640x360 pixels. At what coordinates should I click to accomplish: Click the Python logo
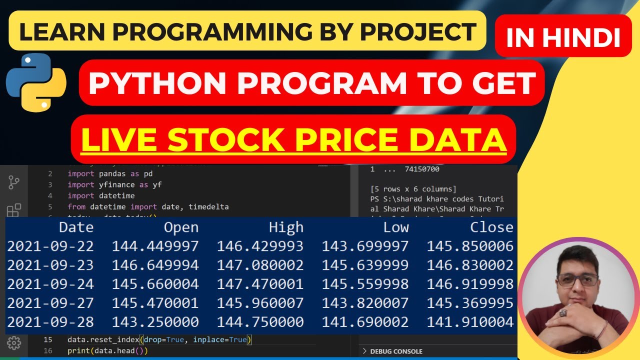point(36,82)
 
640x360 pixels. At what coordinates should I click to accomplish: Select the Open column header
point(181,227)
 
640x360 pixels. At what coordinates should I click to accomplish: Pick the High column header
point(286,227)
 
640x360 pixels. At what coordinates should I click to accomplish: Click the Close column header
point(491,227)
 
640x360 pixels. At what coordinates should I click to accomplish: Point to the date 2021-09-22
point(50,246)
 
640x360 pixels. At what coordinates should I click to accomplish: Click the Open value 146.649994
point(155,265)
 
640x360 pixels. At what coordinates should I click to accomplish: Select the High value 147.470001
point(260,284)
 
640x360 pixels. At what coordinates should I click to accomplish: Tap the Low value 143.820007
point(365,303)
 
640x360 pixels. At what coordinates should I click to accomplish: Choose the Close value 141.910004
point(470,322)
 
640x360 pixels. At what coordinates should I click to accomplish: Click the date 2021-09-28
point(50,322)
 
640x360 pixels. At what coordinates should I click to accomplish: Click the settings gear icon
point(14,343)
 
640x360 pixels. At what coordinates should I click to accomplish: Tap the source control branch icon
point(14,183)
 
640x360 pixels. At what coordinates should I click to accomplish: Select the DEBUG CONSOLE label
point(396,351)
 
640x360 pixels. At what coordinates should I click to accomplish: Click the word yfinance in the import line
point(117,185)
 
